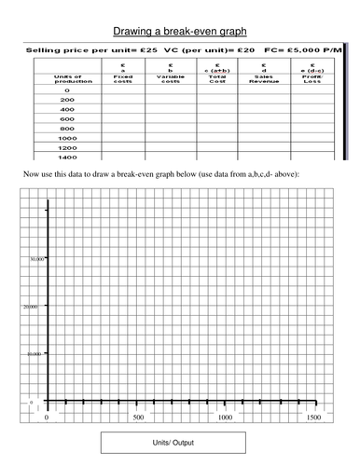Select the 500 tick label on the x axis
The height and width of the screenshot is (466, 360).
tap(136, 418)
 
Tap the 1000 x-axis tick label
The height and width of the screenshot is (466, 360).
tap(225, 418)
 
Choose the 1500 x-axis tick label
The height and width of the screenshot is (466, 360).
tap(313, 418)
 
